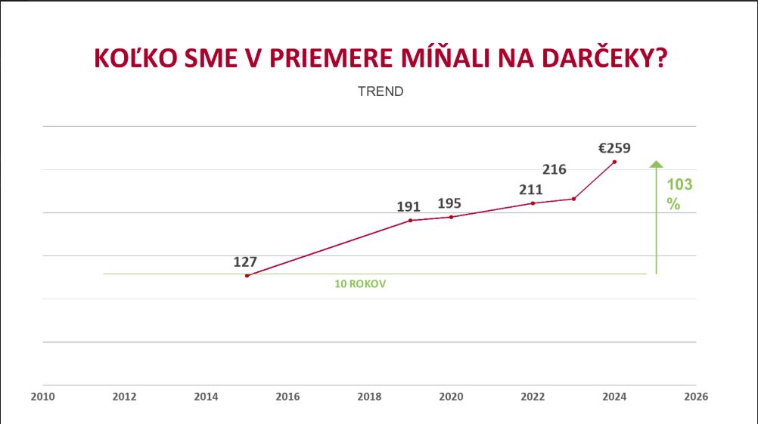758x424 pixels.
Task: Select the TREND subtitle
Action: pos(381,91)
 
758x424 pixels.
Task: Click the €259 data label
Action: pos(614,148)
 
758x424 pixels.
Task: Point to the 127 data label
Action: pos(245,262)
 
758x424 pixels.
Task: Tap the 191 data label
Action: pos(409,206)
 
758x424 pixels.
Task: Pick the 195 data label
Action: pos(449,203)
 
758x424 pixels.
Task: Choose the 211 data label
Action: pos(531,190)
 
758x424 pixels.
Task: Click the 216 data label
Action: pos(555,169)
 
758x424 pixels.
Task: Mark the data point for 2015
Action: pos(247,276)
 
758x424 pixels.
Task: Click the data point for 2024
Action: pos(614,162)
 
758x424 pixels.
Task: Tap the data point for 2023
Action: pos(573,199)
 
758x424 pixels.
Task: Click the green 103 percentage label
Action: pos(679,184)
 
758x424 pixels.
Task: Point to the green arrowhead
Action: pos(657,164)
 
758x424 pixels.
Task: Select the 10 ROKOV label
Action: pos(356,285)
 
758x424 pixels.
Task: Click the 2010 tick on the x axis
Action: pos(43,395)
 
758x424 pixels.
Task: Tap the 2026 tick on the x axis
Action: pos(696,395)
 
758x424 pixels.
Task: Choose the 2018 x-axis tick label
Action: pos(369,395)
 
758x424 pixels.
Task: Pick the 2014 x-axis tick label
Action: pos(206,395)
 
